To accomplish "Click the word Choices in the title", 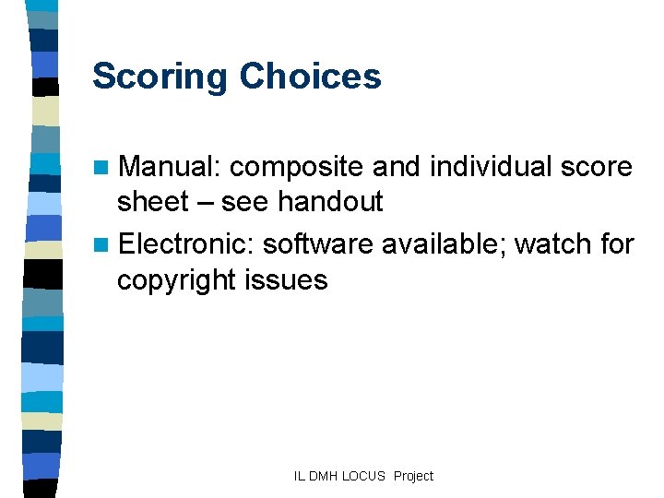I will [x=311, y=76].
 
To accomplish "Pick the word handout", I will [x=329, y=201].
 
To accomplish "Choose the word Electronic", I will [x=185, y=244].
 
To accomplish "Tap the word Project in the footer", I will [x=412, y=476].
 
